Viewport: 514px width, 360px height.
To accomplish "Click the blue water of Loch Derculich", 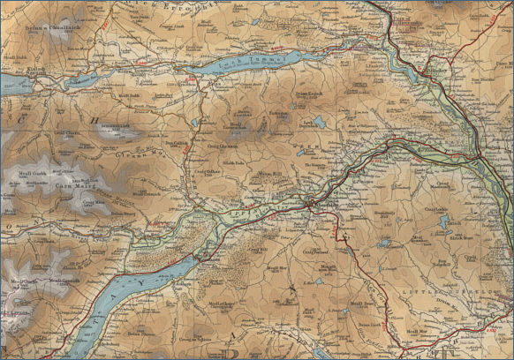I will click(x=316, y=123).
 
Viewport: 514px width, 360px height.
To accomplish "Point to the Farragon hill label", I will click(x=278, y=113).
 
